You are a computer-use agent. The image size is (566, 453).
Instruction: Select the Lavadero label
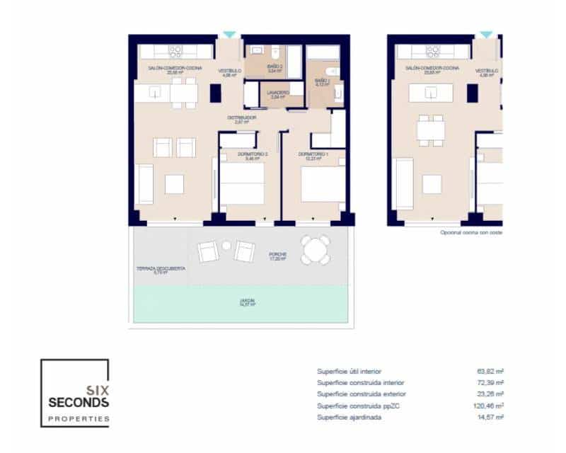click(277, 93)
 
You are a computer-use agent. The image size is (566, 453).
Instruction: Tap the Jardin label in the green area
click(247, 302)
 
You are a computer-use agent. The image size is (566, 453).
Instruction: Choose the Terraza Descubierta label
click(161, 269)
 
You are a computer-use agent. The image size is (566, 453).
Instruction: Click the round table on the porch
click(315, 249)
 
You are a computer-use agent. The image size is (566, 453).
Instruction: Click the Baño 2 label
click(275, 67)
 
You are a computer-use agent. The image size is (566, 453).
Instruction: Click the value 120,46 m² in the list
click(490, 406)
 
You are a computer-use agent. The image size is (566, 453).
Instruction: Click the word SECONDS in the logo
click(79, 402)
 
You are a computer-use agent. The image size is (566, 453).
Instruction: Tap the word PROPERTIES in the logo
click(79, 418)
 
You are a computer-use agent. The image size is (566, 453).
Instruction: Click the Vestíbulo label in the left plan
click(229, 71)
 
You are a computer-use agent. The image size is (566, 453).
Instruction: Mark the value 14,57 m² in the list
click(490, 418)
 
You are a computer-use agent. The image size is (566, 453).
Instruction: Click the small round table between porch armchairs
click(226, 246)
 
